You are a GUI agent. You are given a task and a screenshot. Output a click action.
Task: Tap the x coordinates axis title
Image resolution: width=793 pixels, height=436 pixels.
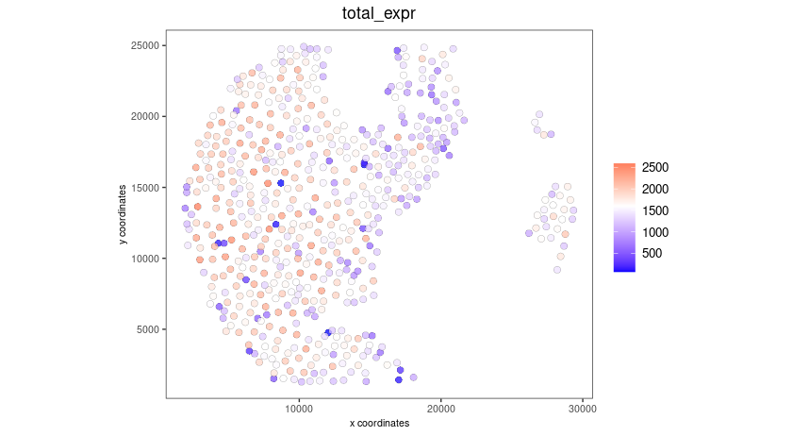point(378,424)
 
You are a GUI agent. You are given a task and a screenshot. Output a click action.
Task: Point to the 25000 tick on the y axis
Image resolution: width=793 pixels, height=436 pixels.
point(146,45)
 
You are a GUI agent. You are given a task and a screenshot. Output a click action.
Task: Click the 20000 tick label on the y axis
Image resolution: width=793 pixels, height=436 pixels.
point(146,116)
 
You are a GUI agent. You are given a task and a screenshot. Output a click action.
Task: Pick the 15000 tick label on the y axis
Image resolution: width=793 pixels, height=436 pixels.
point(146,187)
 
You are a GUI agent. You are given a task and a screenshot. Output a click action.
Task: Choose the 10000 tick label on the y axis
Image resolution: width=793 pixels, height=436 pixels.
point(146,258)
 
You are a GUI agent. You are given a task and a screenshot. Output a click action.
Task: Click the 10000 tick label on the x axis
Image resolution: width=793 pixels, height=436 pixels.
point(299,408)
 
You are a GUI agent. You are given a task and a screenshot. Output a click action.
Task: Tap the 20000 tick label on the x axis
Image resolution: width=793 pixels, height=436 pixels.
point(440,408)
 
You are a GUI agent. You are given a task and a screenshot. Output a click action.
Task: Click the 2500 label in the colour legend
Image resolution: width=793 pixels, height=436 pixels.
point(655,167)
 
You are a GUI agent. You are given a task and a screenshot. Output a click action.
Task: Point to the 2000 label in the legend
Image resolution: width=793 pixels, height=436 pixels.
point(655,189)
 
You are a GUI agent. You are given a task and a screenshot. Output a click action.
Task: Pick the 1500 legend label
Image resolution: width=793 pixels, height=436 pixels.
point(655,210)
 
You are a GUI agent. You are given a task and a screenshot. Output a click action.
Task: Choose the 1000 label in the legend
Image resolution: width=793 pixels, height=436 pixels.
point(655,232)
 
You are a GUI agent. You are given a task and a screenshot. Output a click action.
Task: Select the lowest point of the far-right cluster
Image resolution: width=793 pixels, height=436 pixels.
point(557,270)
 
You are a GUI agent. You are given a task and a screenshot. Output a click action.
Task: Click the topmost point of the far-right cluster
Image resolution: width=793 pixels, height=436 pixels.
point(538,112)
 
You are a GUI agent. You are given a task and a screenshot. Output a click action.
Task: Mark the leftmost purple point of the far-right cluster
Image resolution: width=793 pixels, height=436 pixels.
point(528,233)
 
